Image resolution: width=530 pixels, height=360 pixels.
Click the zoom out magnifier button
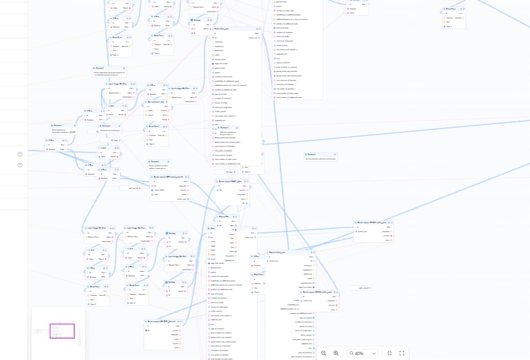(x=324, y=353)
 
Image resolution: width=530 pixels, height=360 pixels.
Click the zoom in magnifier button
(x=336, y=353)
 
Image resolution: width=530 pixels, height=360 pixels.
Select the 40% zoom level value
(x=359, y=353)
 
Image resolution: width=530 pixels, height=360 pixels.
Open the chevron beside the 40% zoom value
(x=374, y=353)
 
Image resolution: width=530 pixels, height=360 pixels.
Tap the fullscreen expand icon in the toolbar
(x=402, y=353)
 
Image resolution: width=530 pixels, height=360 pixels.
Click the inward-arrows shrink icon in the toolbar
(x=389, y=353)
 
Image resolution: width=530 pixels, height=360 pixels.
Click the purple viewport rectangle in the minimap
(x=62, y=331)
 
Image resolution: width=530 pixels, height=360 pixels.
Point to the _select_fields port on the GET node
(x=153, y=190)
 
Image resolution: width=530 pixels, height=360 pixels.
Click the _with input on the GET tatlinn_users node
(x=153, y=195)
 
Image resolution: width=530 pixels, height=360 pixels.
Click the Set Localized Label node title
(x=155, y=102)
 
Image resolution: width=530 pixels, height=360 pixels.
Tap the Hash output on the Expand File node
(x=236, y=243)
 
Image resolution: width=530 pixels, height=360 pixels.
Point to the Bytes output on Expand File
(x=236, y=251)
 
